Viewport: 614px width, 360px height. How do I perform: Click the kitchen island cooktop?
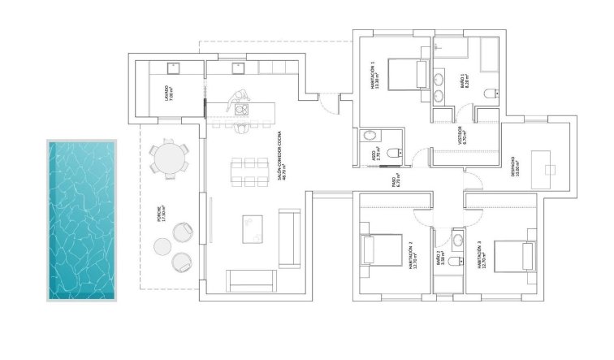coord(241,108)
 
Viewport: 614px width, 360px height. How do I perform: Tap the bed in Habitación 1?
coord(404,75)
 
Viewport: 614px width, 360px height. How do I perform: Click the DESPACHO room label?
coord(514,166)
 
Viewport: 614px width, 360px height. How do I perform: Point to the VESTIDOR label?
coord(460,133)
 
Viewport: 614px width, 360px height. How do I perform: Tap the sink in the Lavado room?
coord(173,67)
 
